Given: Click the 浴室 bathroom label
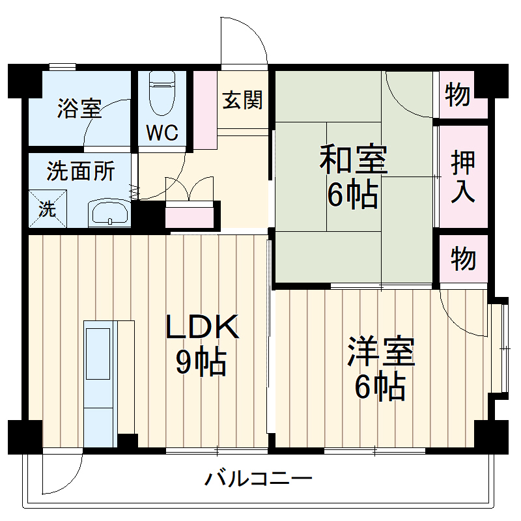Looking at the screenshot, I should tap(79, 108).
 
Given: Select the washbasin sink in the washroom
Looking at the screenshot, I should tap(109, 212).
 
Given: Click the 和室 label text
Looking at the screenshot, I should tap(353, 160).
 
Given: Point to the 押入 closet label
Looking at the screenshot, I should tap(463, 178).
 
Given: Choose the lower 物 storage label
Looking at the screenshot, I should tap(463, 259).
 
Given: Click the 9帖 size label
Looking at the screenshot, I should tap(201, 363).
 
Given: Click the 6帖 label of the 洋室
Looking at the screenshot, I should tap(380, 388).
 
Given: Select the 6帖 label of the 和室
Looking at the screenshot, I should tap(352, 195).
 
